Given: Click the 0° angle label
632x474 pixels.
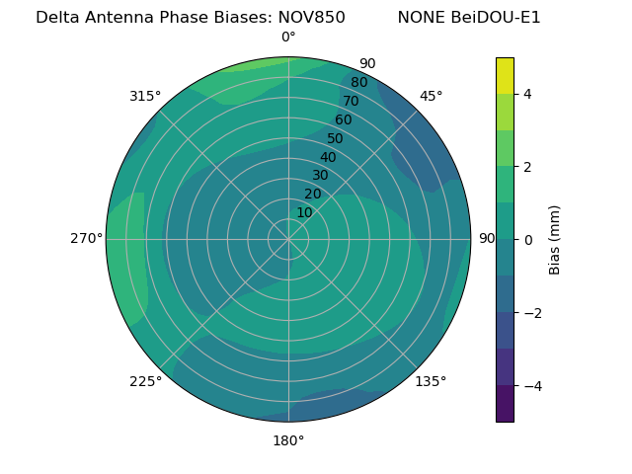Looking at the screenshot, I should [x=288, y=38].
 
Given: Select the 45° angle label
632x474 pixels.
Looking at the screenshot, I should [x=431, y=96].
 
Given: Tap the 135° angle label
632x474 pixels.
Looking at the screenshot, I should [x=431, y=381].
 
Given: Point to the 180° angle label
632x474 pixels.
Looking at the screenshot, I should [x=288, y=440].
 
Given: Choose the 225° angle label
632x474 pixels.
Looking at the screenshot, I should [x=145, y=381].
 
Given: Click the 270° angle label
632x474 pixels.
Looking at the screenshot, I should [x=86, y=238].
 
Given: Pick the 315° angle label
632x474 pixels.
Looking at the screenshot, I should [x=145, y=96].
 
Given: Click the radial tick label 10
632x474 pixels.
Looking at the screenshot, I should [x=304, y=212].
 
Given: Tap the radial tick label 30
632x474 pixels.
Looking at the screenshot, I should [x=320, y=175].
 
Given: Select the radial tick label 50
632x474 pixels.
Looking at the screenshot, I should [x=336, y=138].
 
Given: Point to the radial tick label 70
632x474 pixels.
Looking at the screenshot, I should [x=351, y=101].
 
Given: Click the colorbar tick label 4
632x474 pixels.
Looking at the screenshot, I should [x=527, y=94].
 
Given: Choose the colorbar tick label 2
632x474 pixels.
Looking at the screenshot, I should [x=527, y=167].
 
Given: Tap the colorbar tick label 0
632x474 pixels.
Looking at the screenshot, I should [x=527, y=240].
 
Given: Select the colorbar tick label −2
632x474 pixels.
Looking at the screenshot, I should [x=531, y=313].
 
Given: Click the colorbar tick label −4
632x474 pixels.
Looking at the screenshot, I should [x=531, y=386].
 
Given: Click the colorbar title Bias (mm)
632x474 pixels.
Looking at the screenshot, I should [x=555, y=240].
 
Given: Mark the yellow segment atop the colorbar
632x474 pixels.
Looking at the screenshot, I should [x=505, y=75].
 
